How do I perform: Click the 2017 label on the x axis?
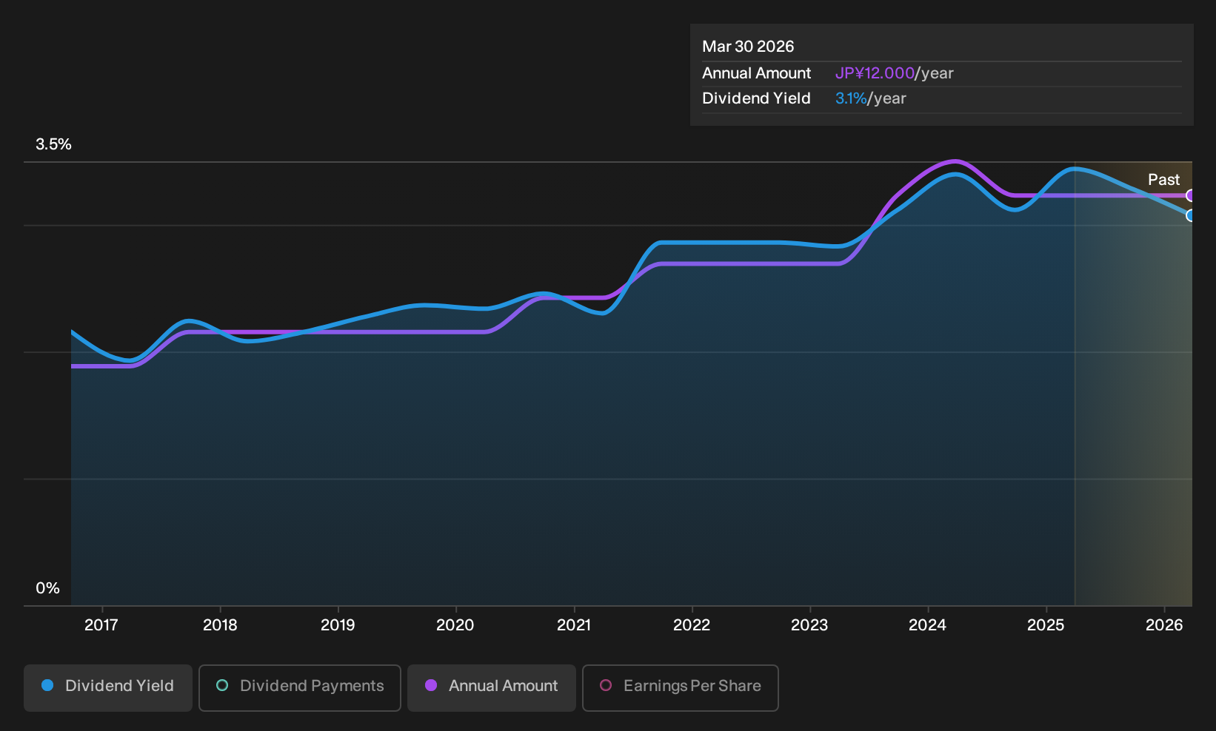tap(101, 625)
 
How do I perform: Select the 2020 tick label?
tap(455, 625)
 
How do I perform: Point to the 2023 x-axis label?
tap(809, 625)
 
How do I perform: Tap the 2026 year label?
tap(1164, 625)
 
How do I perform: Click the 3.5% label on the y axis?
tap(54, 144)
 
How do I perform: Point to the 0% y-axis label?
tap(48, 588)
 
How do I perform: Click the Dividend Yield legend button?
tap(108, 687)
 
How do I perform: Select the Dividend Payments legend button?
tap(300, 687)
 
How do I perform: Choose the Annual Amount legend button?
tap(491, 687)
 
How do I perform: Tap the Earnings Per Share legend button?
tap(680, 687)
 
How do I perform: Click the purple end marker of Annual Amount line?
tap(1189, 195)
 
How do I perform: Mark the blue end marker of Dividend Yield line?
tap(1189, 215)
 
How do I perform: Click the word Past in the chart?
tap(1164, 180)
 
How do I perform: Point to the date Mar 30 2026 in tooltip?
tap(748, 47)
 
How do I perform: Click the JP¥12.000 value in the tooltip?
tap(875, 73)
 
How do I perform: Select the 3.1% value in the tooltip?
tap(851, 98)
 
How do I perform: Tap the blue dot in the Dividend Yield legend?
tap(48, 685)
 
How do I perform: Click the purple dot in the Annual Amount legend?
tap(431, 685)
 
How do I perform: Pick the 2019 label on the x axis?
tap(338, 625)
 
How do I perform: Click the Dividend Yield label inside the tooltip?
tap(756, 98)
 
